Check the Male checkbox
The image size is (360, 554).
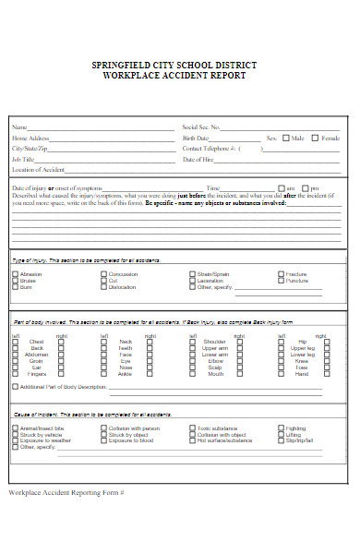(285, 138)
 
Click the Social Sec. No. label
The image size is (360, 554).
(202, 127)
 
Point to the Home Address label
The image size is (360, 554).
(30, 138)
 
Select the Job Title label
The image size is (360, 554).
(23, 159)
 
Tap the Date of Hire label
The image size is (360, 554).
(199, 159)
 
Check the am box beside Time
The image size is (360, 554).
(279, 187)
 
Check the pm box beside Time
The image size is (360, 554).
(305, 187)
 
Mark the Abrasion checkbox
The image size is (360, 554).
(15, 274)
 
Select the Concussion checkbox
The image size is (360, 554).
(103, 274)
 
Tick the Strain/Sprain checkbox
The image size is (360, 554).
(192, 274)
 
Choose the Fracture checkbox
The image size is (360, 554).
(281, 274)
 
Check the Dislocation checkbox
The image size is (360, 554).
(103, 287)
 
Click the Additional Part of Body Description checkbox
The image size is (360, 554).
(15, 387)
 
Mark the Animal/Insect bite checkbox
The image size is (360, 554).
(15, 428)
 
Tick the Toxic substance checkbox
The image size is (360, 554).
(192, 428)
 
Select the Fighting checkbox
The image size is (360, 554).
(281, 428)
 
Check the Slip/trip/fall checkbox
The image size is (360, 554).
(281, 440)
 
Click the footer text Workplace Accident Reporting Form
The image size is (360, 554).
(65, 492)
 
